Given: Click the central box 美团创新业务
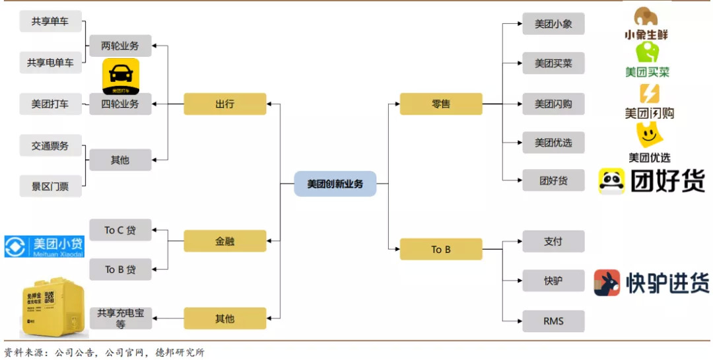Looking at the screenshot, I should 335,184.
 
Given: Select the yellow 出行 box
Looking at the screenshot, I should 224,104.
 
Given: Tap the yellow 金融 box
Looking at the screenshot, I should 224,241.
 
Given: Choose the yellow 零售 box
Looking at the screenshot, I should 440,104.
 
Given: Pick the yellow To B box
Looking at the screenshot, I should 440,249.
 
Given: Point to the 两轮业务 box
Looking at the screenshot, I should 120,46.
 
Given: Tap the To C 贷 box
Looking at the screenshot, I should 120,230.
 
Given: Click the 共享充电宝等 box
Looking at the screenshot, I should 120,318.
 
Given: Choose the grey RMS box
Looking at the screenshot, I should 553,321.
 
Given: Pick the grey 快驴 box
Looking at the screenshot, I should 553,281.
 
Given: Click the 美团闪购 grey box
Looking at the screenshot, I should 553,104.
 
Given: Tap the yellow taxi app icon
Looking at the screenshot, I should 120,76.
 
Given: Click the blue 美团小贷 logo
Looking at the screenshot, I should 44,246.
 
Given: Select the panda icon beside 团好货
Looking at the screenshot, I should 612,181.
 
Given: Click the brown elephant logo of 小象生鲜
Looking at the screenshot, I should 646,17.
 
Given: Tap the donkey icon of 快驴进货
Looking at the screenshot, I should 607,283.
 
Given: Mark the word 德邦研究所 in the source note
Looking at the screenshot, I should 180,352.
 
